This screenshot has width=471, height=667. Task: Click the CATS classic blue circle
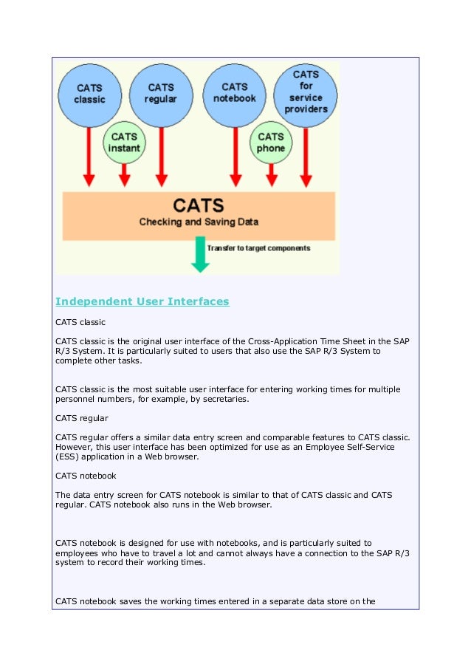tap(89, 95)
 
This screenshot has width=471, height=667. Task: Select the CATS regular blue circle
tap(162, 95)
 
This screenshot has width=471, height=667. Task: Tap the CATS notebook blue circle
tap(235, 95)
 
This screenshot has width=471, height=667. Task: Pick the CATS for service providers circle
tap(306, 95)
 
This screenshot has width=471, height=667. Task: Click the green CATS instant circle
tap(124, 142)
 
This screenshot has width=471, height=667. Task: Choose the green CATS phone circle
tap(271, 142)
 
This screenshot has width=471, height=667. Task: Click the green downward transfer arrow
tap(199, 253)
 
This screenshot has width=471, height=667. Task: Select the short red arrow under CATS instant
tap(125, 174)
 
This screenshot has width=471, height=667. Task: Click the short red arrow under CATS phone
tap(271, 174)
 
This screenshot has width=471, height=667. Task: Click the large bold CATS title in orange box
tap(199, 205)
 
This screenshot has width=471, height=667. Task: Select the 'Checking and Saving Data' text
tap(199, 221)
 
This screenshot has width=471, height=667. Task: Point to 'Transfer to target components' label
tap(258, 248)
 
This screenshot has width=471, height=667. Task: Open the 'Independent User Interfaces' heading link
tap(142, 301)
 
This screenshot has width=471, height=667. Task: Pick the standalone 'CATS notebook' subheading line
tap(86, 476)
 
